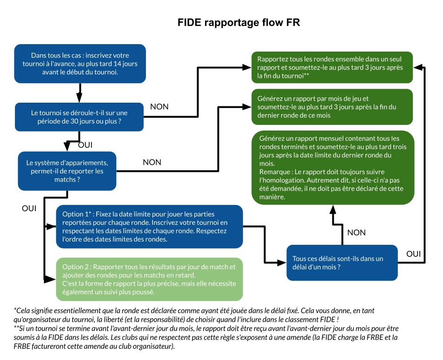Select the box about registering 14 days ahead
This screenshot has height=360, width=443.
80,63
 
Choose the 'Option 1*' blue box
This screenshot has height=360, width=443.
149,226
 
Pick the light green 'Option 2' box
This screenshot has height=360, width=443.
149,279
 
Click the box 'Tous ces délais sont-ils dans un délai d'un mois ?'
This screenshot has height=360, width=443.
342,262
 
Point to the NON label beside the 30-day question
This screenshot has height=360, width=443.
159,107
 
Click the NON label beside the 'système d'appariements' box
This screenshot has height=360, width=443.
152,162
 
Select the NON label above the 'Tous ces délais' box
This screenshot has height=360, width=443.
357,232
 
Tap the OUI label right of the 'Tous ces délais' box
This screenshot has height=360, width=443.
413,254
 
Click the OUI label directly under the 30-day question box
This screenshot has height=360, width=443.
85,145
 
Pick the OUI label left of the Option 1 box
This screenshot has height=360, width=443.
29,209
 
